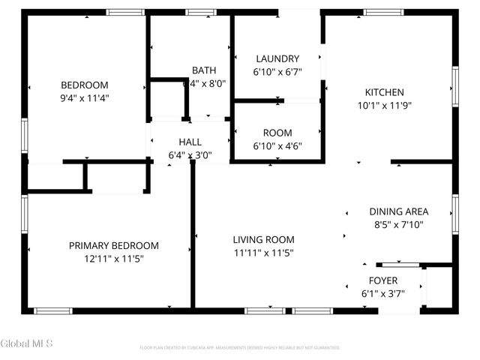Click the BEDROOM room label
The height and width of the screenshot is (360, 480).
point(84,85)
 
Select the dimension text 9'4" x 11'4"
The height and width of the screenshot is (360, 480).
point(84,97)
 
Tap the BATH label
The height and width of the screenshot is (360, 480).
point(203,70)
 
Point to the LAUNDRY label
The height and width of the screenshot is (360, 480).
point(277,58)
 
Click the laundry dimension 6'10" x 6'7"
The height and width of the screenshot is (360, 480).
point(277,71)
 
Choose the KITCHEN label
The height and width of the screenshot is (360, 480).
point(384,92)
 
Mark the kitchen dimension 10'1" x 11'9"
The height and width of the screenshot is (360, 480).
point(384,105)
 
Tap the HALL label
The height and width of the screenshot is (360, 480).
point(190,142)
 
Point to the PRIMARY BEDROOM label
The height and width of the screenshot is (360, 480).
point(114,245)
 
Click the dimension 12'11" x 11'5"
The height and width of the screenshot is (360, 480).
point(114,258)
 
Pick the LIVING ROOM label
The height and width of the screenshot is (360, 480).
point(262,239)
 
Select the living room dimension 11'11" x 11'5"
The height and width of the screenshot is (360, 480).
point(262,253)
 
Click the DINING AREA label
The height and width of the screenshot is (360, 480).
point(398,211)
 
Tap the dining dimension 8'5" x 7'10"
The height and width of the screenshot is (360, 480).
point(398,224)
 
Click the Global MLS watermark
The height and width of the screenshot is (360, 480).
point(27,343)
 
